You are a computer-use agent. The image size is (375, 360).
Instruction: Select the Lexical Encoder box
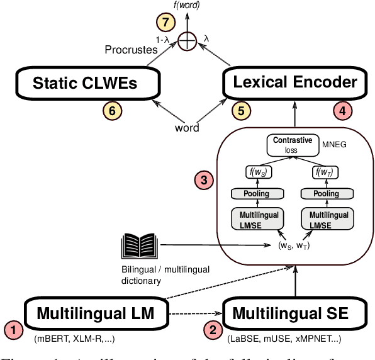pos(295,82)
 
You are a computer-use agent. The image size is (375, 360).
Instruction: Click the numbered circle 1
pos(14,329)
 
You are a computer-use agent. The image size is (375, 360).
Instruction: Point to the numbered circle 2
pos(213,329)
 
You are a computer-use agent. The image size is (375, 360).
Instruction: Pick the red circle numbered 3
pos(204,181)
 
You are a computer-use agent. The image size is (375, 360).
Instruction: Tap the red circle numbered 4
pos(342,111)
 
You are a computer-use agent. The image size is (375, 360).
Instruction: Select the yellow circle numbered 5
pos(240,111)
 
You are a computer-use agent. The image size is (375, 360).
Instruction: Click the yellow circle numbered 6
pos(112,111)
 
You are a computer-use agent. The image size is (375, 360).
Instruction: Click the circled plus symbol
pos(187,42)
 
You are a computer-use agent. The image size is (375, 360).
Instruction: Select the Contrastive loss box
pos(293,145)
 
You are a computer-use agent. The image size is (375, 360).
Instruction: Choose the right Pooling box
pos(326,194)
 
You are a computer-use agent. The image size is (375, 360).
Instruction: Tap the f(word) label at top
pos(187,6)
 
